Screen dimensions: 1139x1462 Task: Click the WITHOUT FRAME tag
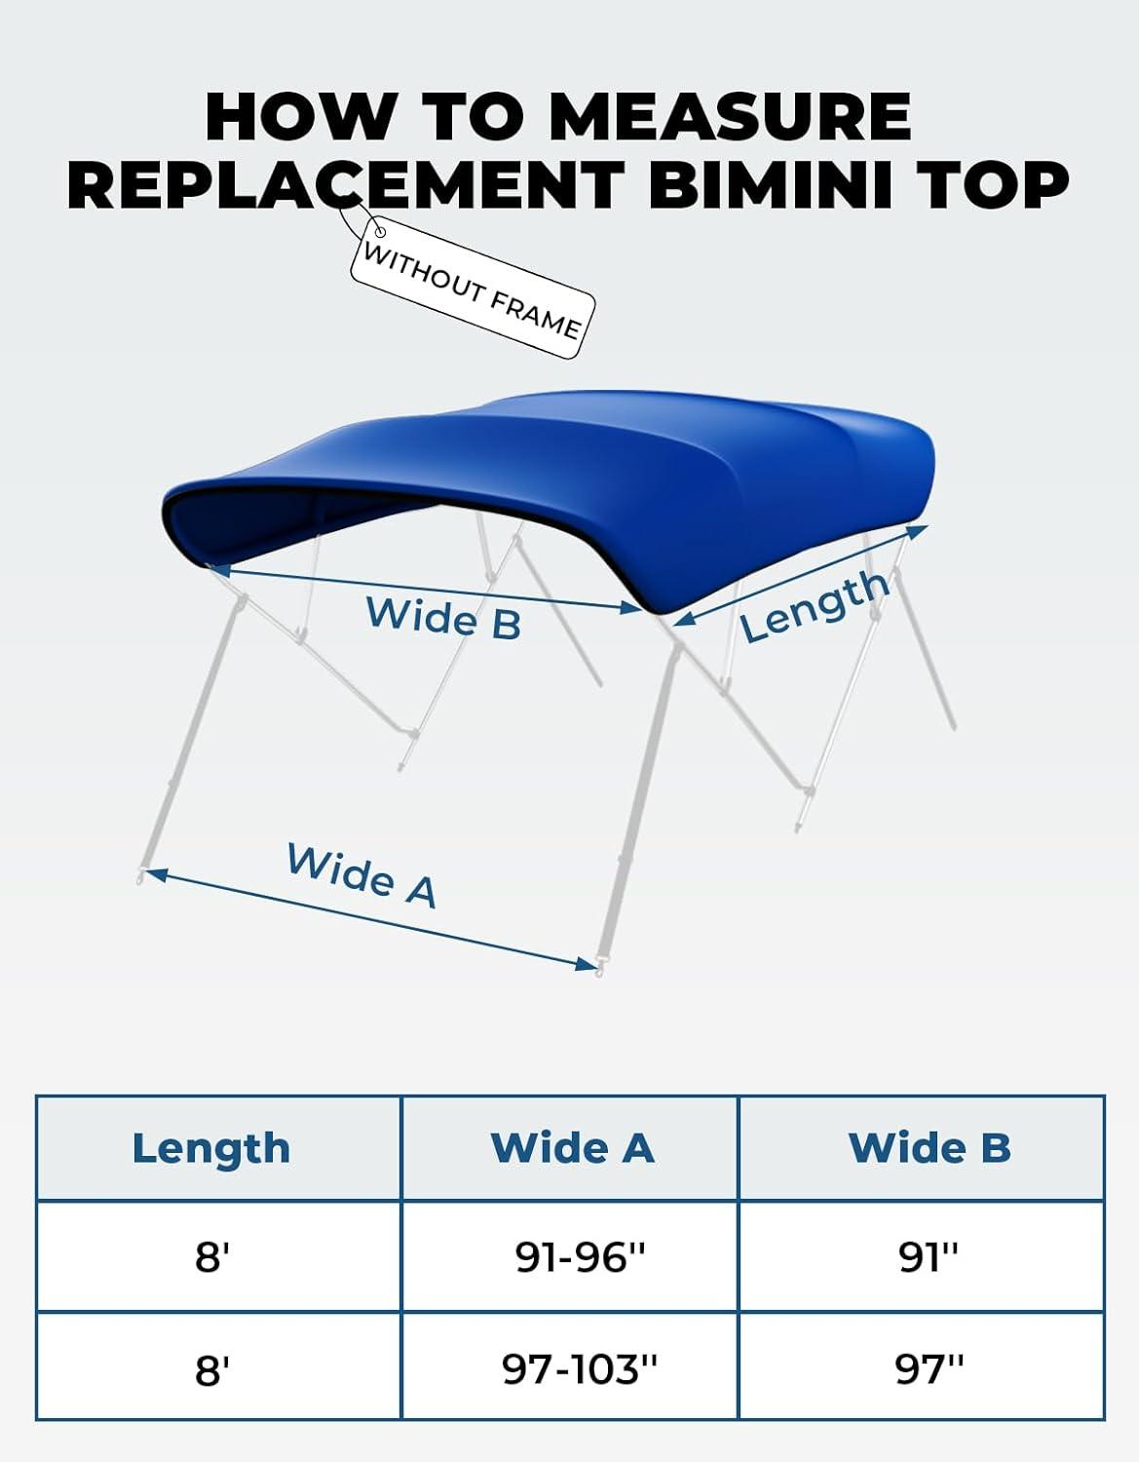point(473,288)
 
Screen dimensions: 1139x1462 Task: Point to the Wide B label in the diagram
point(443,617)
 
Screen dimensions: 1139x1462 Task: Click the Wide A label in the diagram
point(362,876)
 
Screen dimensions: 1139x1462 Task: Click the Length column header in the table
point(211,1148)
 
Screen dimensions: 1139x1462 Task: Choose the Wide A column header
point(572,1147)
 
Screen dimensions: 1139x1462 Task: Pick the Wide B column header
point(930,1147)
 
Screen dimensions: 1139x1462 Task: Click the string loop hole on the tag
point(380,232)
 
